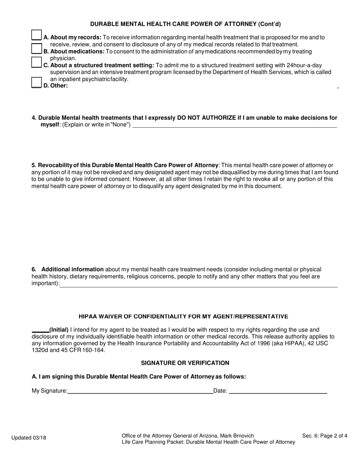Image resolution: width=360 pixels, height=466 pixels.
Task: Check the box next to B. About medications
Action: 36,48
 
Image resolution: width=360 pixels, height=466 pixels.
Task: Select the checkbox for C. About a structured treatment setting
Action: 36,62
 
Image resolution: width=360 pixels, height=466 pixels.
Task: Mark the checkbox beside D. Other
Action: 36,83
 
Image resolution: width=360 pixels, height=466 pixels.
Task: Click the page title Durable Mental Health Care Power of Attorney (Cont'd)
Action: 185,24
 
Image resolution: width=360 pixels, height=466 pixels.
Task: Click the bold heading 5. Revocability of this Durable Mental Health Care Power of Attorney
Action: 125,165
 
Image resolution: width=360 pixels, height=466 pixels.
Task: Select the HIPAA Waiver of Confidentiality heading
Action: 183,316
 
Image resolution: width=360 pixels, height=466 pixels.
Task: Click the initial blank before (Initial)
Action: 40,330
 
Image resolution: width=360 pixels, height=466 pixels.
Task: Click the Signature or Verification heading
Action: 185,363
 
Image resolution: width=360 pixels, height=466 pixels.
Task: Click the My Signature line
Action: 140,391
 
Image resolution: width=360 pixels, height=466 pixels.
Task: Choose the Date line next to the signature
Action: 278,391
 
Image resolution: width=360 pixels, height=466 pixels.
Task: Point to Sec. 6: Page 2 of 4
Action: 324,436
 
